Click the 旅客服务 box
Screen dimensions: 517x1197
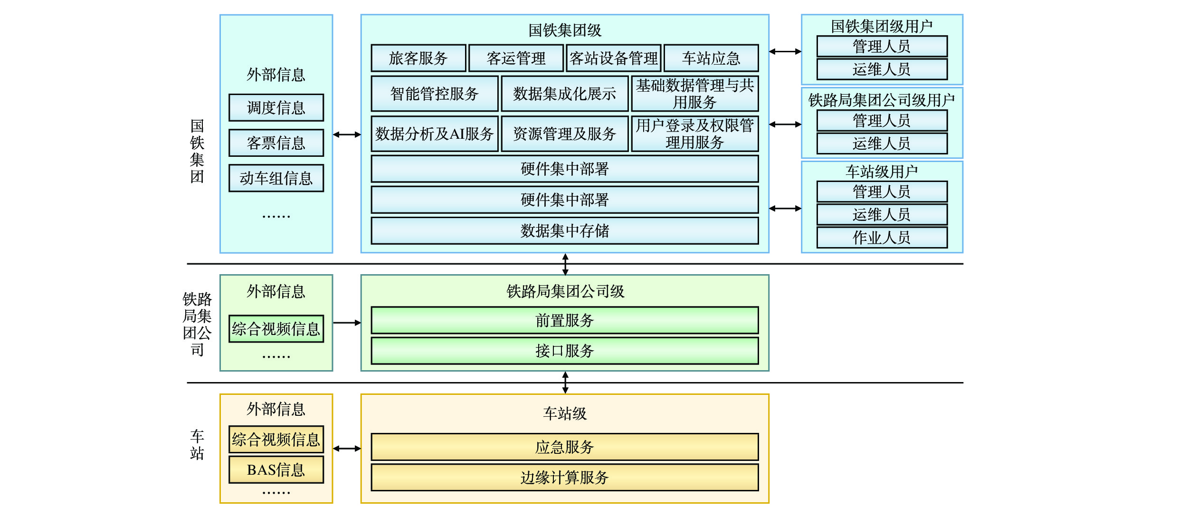[x=418, y=58]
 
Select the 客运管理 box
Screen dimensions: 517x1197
[x=516, y=58]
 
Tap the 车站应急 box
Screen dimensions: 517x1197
[x=711, y=58]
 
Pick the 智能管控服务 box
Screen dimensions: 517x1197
[x=434, y=94]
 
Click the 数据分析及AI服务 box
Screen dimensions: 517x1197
[x=434, y=134]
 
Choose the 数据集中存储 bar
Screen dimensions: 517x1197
[x=564, y=231]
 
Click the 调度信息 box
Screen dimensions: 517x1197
[x=276, y=108]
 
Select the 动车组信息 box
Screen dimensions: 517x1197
[x=276, y=178]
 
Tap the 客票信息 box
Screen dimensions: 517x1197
[x=276, y=143]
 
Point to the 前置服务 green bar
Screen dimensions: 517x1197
[x=564, y=320]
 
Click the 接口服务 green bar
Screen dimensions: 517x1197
[x=564, y=351]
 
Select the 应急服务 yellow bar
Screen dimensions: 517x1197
[x=564, y=447]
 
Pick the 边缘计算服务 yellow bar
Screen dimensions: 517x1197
[x=564, y=478]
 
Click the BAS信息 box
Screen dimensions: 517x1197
[x=276, y=470]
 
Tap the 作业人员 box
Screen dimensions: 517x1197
[x=882, y=238]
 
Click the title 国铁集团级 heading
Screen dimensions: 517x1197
[x=565, y=30]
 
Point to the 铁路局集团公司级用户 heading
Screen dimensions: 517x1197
[x=882, y=100]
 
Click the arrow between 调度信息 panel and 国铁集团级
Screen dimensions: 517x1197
[x=347, y=134]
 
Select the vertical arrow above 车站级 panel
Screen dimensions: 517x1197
[x=565, y=383]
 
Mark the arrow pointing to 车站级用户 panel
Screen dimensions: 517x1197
[x=785, y=208]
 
